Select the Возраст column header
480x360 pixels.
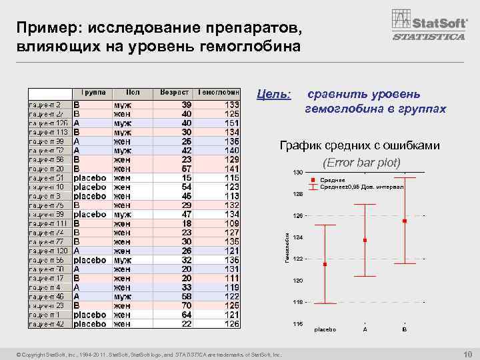coord(175,93)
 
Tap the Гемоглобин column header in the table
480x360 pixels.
coord(218,93)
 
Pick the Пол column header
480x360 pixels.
coord(132,93)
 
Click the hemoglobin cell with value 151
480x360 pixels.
coord(231,123)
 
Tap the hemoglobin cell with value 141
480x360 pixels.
coord(231,169)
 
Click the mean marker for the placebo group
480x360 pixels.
coord(325,265)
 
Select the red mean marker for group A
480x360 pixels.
coord(365,240)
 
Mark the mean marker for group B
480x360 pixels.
coord(404,221)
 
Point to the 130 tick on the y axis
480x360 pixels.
coord(297,173)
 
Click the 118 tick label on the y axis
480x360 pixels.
coord(297,302)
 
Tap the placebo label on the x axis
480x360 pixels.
coord(325,330)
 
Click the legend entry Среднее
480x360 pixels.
coord(332,180)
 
